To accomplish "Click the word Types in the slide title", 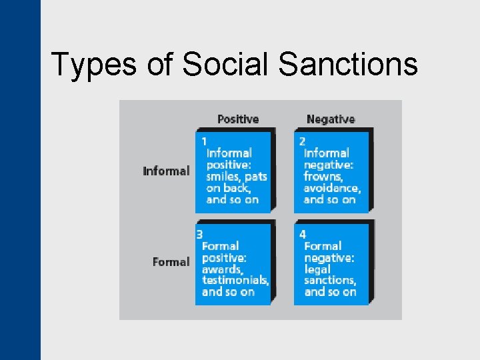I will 93,65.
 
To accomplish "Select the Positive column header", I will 238,119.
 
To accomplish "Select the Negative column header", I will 331,119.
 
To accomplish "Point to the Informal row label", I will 166,171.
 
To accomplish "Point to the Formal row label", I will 171,262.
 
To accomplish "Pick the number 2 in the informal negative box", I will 302,141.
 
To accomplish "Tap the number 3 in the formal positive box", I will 199,234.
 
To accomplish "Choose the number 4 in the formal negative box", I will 303,234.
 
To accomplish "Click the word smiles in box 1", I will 223,177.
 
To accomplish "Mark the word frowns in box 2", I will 323,177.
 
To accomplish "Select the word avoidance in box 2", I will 331,188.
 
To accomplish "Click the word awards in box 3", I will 222,269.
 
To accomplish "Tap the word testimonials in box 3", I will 235,280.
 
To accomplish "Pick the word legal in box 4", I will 317,269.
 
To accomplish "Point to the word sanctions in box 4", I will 329,280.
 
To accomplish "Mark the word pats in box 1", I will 256,177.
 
